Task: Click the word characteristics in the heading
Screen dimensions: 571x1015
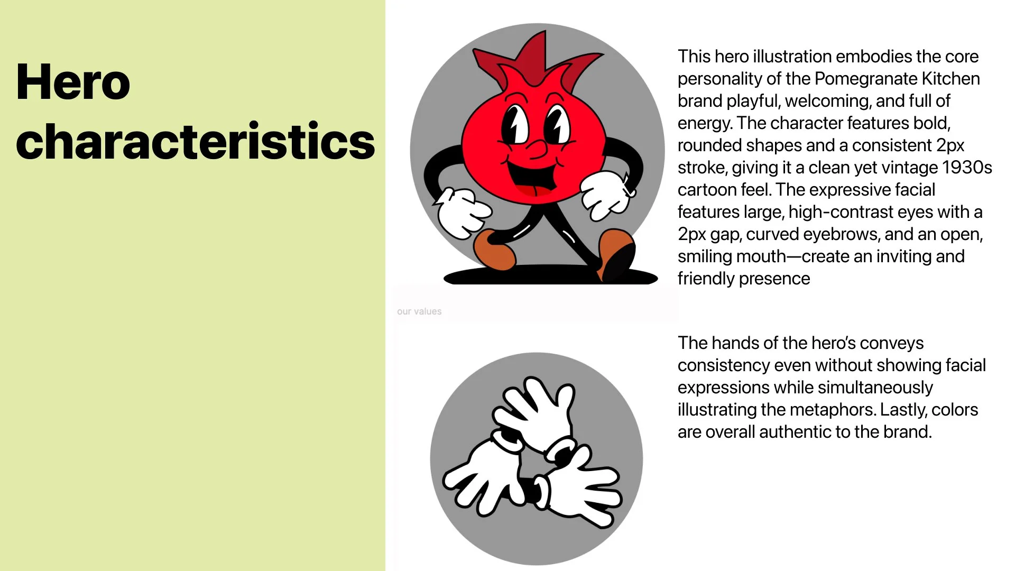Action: tap(195, 141)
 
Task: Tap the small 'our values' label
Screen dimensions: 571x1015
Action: tap(419, 311)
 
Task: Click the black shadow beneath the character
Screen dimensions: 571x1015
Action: tap(550, 275)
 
